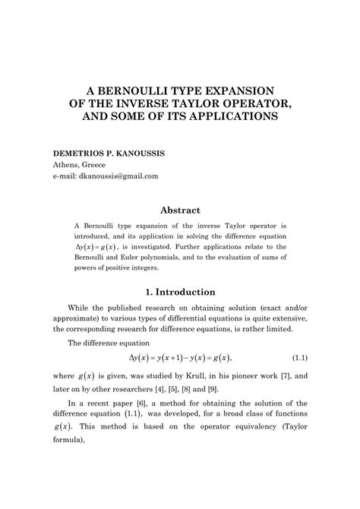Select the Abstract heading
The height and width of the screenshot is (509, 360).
tap(179, 210)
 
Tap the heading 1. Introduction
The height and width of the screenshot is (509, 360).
tap(179, 291)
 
